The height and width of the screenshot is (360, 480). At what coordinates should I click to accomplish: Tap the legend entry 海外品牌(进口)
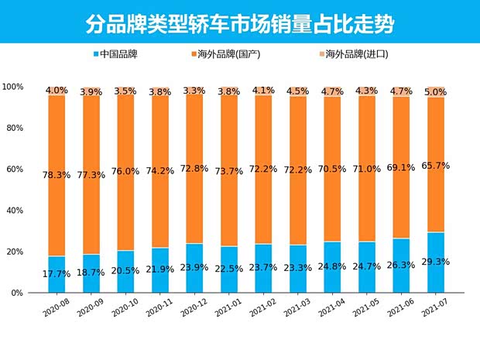tap(356, 54)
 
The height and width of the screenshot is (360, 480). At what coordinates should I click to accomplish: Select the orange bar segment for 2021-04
tap(331, 155)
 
